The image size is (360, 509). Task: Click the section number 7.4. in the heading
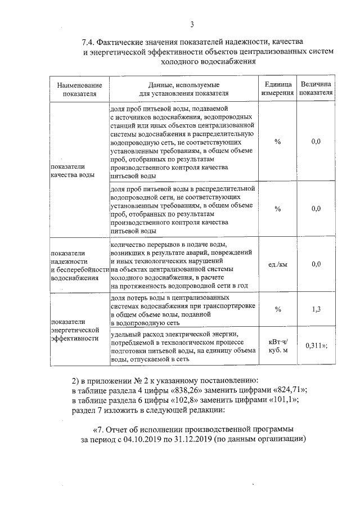[90, 42]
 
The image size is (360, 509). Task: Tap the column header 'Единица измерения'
[278, 88]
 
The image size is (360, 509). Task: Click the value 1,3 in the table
[316, 309]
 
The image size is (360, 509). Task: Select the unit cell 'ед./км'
[278, 264]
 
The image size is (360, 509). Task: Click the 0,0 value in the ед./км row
[316, 264]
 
